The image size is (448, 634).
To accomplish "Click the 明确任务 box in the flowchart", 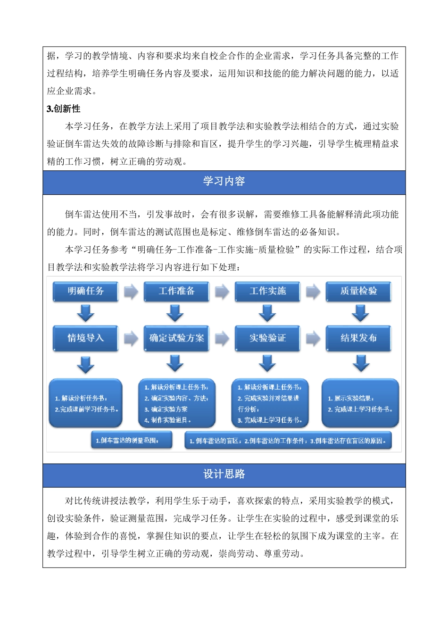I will pyautogui.click(x=85, y=291).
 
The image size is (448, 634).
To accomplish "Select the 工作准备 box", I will pyautogui.click(x=176, y=291).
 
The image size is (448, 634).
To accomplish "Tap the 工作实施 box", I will pyautogui.click(x=267, y=291).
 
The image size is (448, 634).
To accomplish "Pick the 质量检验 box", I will pyautogui.click(x=358, y=291).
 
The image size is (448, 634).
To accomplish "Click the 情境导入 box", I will pyautogui.click(x=85, y=338).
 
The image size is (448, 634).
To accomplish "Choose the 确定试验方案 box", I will pyautogui.click(x=176, y=338).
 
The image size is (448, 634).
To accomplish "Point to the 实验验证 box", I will pyautogui.click(x=267, y=338).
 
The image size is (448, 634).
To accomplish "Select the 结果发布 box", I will pyautogui.click(x=358, y=338).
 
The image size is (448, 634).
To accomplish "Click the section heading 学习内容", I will pyautogui.click(x=224, y=182).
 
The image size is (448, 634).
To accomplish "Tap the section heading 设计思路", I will pyautogui.click(x=224, y=475).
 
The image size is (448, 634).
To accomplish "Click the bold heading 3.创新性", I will pyautogui.click(x=64, y=109).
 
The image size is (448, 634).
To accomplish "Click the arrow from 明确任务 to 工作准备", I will pyautogui.click(x=131, y=292).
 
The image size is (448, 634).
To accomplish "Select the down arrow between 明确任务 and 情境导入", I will pyautogui.click(x=85, y=313).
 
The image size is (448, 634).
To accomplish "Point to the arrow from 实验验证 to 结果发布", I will pyautogui.click(x=313, y=338).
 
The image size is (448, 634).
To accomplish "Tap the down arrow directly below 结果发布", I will pyautogui.click(x=361, y=363).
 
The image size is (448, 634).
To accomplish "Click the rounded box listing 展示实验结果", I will pyautogui.click(x=360, y=403).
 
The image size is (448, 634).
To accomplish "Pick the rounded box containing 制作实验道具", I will pyautogui.click(x=176, y=403).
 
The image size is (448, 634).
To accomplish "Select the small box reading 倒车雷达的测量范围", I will pyautogui.click(x=127, y=441).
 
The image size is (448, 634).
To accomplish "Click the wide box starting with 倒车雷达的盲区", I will pyautogui.click(x=288, y=441).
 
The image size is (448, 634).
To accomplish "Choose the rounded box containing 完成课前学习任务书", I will pyautogui.click(x=85, y=403).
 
